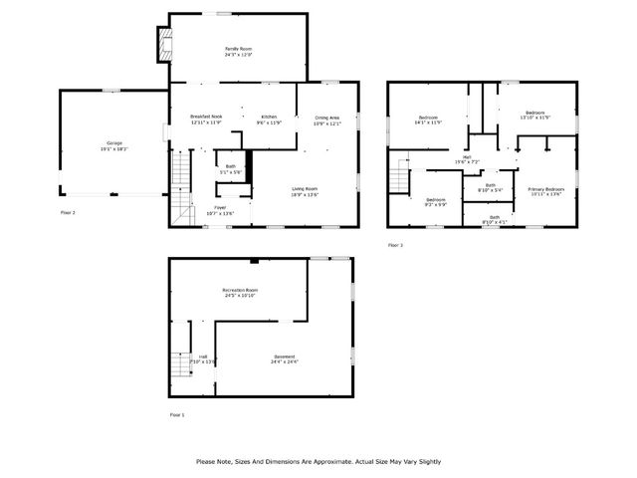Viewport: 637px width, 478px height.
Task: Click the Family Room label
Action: coord(237,49)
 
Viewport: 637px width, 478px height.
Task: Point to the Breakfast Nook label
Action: coord(206,118)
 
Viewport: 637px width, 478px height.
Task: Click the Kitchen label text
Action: coord(269,118)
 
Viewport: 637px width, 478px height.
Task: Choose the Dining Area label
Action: coord(326,119)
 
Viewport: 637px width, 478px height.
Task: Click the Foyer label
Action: coord(219,207)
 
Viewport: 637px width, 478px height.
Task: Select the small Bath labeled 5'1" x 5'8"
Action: coord(230,167)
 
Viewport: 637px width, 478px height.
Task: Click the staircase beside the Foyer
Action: coord(181,189)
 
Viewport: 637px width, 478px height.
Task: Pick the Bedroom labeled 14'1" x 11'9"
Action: coord(428,119)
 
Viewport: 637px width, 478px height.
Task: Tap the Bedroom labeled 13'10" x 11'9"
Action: coord(534,114)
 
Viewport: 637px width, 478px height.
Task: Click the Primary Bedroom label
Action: coord(546,189)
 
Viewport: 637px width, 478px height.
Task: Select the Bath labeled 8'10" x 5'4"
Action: coord(490,185)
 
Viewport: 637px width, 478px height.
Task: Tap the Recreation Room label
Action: coord(239,290)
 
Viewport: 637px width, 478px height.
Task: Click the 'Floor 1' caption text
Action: coord(177,413)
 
